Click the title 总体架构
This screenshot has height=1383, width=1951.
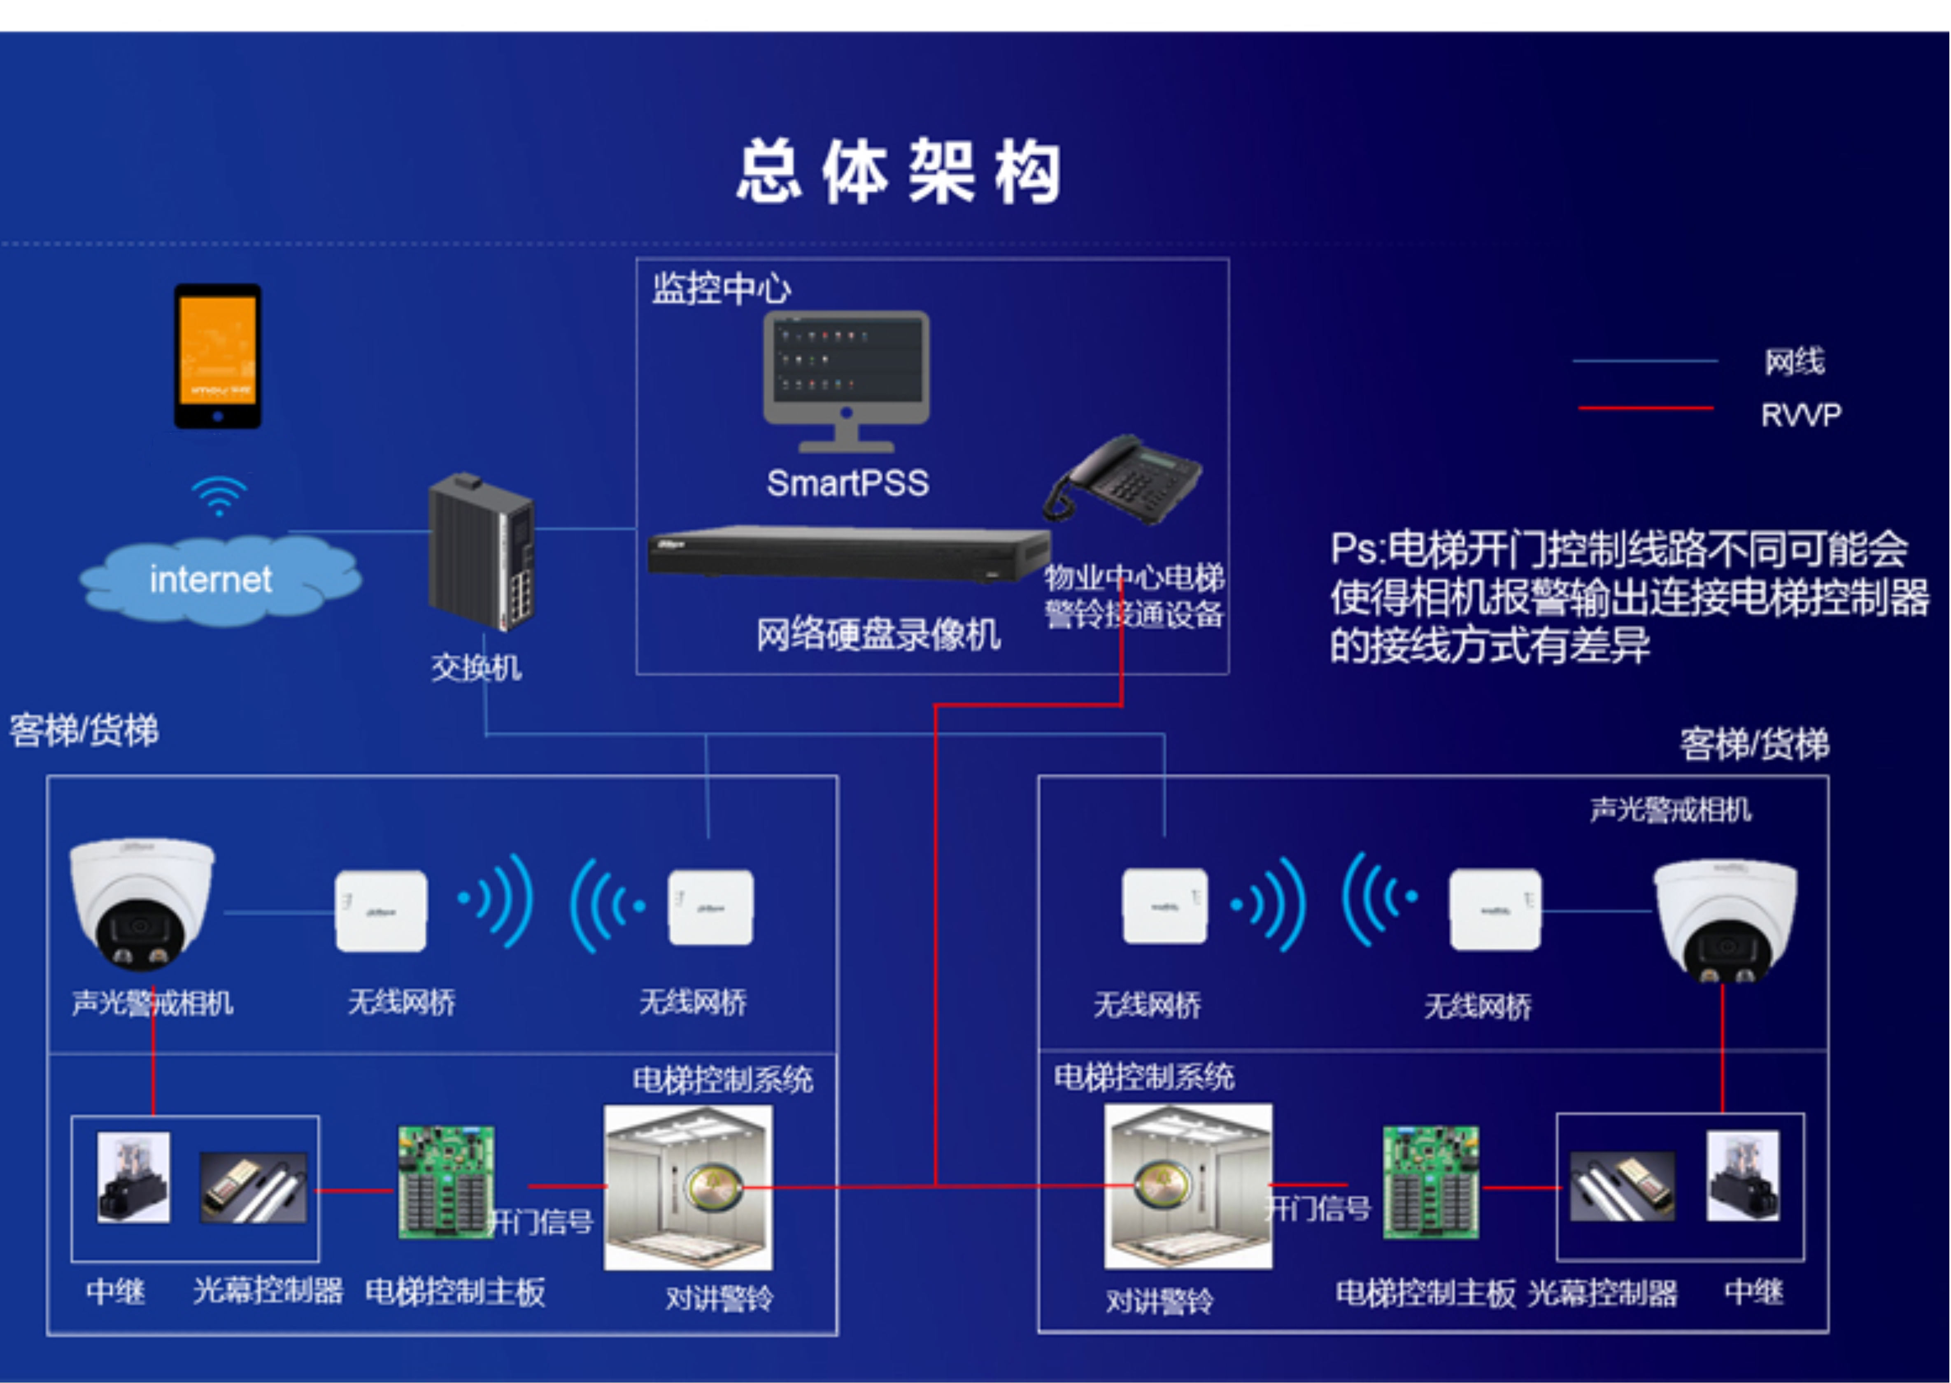(x=899, y=173)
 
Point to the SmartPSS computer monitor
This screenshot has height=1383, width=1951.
(x=845, y=379)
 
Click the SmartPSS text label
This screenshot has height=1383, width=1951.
(x=847, y=484)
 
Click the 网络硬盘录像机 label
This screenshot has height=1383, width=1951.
(x=878, y=634)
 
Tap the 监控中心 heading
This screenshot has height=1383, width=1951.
(x=721, y=289)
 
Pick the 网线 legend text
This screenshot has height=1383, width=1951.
(x=1794, y=362)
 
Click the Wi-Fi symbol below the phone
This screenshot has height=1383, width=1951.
(x=219, y=496)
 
